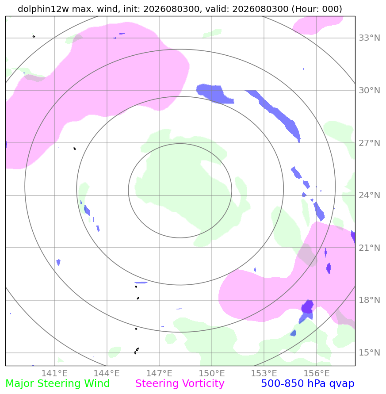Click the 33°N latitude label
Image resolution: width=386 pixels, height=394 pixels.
coord(369,38)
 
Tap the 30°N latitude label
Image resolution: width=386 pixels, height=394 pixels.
coord(369,91)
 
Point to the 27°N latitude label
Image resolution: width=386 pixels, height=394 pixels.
coord(369,143)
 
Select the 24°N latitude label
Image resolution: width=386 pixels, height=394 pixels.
coord(369,195)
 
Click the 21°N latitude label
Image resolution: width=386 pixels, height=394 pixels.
coord(369,248)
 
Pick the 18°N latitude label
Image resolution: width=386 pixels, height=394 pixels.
coord(369,300)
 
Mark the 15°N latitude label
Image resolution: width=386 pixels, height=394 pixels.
coord(369,352)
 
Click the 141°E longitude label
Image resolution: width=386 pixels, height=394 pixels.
coord(54,373)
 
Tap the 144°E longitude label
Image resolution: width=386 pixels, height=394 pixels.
coord(107,373)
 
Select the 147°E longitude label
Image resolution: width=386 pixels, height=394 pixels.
coord(159,373)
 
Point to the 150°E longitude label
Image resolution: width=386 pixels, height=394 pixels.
coord(212,373)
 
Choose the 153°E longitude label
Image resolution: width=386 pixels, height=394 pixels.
coord(264,373)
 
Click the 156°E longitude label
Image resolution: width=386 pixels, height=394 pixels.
coord(317,373)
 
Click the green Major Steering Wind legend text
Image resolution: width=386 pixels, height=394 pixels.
coord(57,384)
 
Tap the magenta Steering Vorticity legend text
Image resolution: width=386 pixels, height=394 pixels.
coord(180,384)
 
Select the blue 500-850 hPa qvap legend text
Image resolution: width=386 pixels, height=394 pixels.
coord(308,384)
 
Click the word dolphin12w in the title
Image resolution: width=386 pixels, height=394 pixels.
coord(43,9)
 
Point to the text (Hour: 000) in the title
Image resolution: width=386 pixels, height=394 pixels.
coord(317,9)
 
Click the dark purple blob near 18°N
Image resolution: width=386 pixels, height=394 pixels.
coord(307,306)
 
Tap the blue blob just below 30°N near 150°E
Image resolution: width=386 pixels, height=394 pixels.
coord(214,94)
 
